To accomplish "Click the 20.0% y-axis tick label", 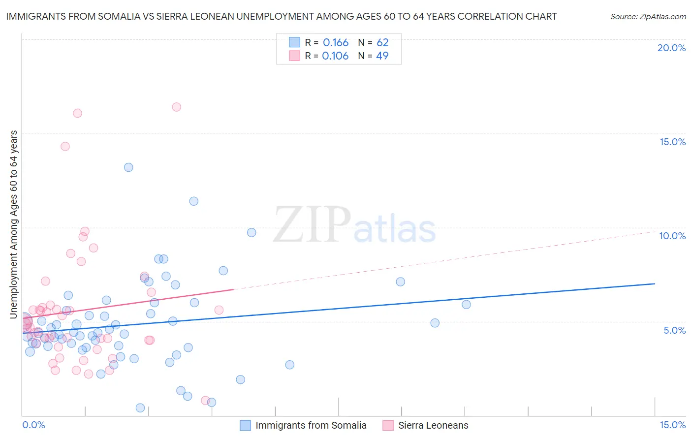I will pos(671,48).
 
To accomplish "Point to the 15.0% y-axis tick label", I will pos(672,142).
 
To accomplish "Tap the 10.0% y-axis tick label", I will pos(672,236).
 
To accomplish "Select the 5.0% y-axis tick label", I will pos(674,330).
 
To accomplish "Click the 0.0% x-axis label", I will pos(33,425).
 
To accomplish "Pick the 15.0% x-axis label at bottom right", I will pos(672,425).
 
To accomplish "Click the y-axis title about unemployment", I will pos(13,224).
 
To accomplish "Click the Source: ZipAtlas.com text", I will pos(648,16).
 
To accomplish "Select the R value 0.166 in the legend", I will pos(336,42).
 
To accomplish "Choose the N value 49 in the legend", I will pos(382,56).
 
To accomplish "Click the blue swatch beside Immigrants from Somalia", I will pos(245,425).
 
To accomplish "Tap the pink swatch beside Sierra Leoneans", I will pos(388,425).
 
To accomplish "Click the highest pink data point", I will pos(176,107).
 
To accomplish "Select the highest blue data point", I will pos(128,167).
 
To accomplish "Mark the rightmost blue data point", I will pos(466,304).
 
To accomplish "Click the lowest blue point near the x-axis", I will pos(140,408).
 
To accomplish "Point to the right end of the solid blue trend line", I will pos(655,283).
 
